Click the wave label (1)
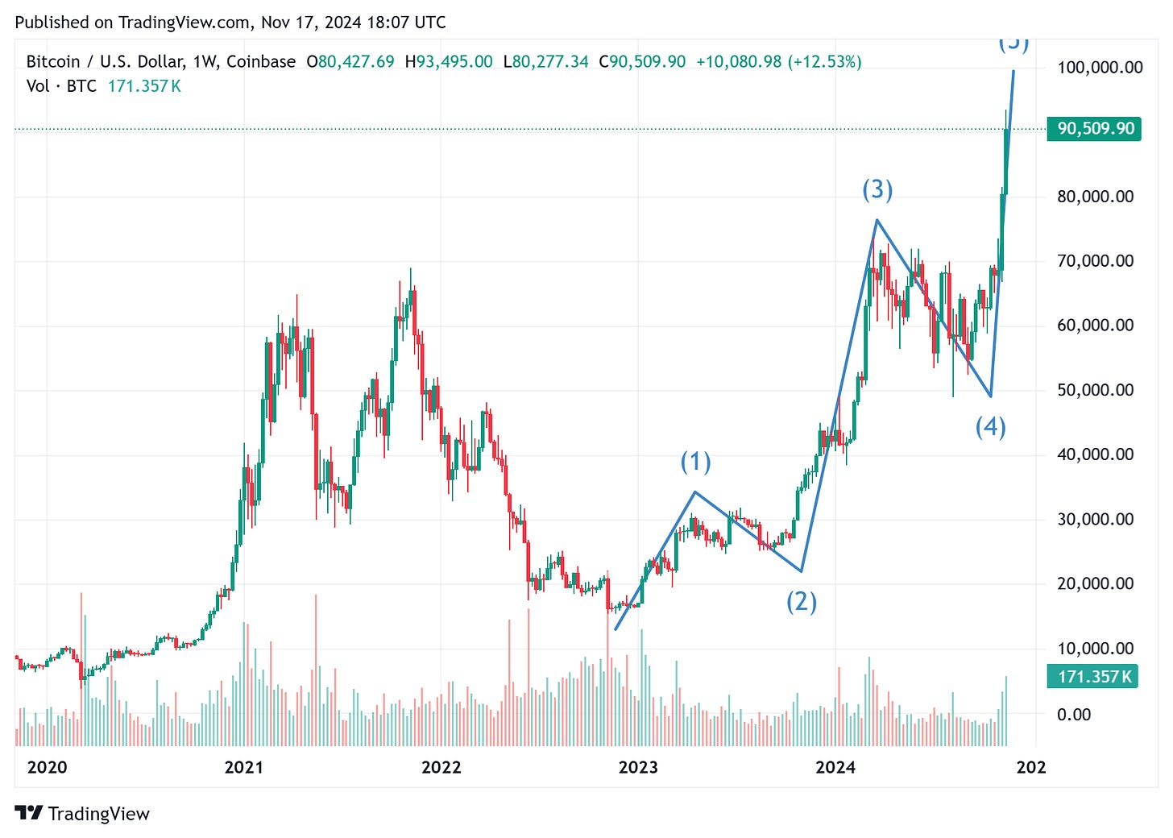tap(695, 462)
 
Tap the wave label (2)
tap(802, 601)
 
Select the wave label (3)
tap(877, 189)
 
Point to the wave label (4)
tap(990, 426)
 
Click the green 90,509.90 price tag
tap(1094, 128)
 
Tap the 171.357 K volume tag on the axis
tap(1094, 677)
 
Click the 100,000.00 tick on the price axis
tap(1100, 67)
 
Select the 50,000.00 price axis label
tap(1095, 390)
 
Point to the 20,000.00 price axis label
tap(1095, 583)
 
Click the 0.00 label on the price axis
tap(1074, 714)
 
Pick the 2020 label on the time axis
tap(47, 767)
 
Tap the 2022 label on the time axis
tap(441, 767)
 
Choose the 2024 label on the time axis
tap(835, 767)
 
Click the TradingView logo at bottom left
tap(82, 814)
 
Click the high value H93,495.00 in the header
tap(448, 61)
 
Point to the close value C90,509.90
tap(642, 61)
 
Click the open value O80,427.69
tap(350, 61)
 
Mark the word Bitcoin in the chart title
tap(53, 61)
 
